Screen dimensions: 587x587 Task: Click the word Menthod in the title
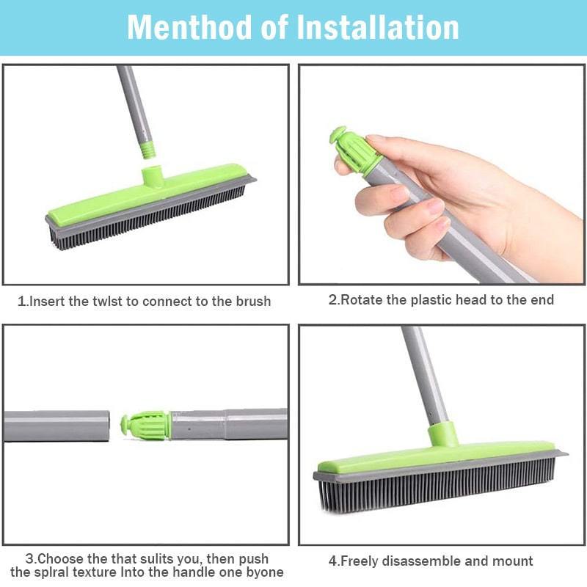(x=189, y=27)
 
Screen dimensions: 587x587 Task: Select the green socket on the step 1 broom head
(x=152, y=176)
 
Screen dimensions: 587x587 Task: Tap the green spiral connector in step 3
(x=145, y=426)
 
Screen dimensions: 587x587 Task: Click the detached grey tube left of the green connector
(x=56, y=426)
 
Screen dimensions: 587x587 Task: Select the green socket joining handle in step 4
(x=443, y=434)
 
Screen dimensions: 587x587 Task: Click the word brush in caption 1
(x=253, y=302)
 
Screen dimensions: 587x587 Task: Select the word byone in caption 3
(x=265, y=573)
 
